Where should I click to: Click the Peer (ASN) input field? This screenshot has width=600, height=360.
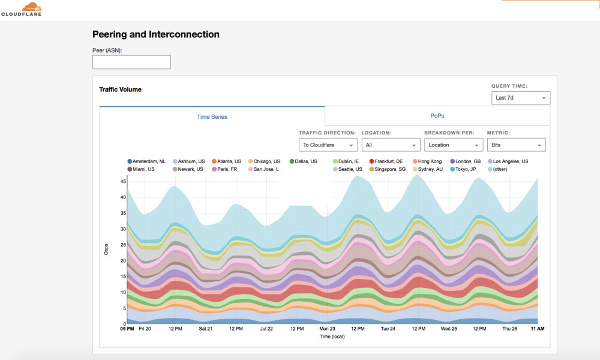pyautogui.click(x=131, y=62)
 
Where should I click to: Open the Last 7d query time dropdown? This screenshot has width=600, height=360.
pyautogui.click(x=520, y=98)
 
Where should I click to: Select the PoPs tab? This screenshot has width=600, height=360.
pyautogui.click(x=437, y=116)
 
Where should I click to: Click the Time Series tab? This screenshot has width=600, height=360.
pyautogui.click(x=212, y=116)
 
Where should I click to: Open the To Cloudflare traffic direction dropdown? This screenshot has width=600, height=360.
pyautogui.click(x=328, y=145)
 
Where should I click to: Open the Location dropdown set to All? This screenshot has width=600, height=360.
pyautogui.click(x=390, y=145)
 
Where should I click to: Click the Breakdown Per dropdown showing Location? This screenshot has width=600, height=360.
pyautogui.click(x=453, y=145)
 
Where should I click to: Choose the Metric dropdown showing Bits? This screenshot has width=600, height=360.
pyautogui.click(x=515, y=145)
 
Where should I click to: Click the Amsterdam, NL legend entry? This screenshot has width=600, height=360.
pyautogui.click(x=146, y=161)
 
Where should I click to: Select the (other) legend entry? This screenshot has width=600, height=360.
pyautogui.click(x=500, y=169)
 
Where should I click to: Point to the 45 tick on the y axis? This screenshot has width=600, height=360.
pyautogui.click(x=122, y=181)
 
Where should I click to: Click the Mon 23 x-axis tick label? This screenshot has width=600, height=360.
pyautogui.click(x=327, y=329)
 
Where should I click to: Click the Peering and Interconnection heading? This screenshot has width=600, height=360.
pyautogui.click(x=155, y=35)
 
